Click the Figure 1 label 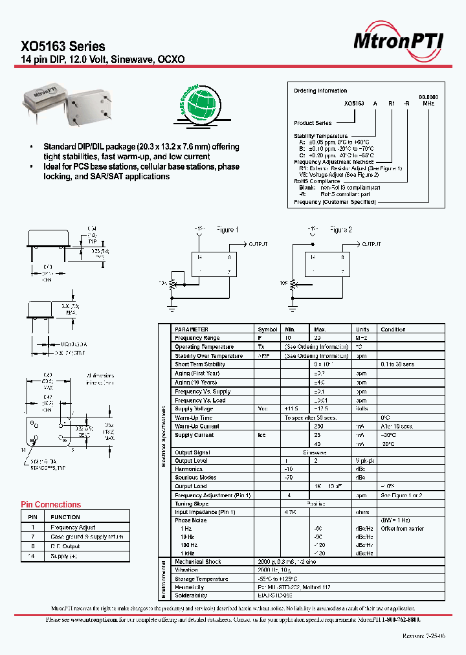point(227,230)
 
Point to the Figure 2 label point(341,230)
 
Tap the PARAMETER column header point(192,329)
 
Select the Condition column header point(393,329)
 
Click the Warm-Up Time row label point(194,417)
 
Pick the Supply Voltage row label point(194,408)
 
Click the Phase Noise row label point(191,520)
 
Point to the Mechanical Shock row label point(198,561)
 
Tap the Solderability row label point(191,595)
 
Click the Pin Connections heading point(51,505)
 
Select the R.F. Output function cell point(65,546)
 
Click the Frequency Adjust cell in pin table point(73,527)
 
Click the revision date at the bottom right point(424,637)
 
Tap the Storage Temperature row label point(201,579)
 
